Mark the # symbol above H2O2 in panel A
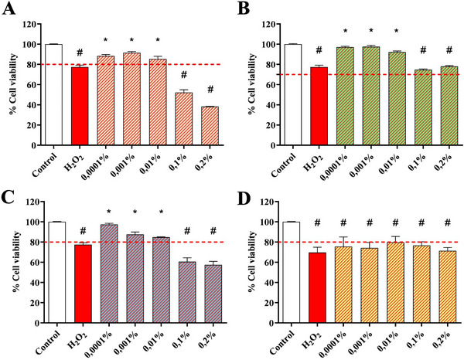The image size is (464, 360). (80, 53)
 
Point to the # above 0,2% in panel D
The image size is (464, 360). (446, 222)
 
